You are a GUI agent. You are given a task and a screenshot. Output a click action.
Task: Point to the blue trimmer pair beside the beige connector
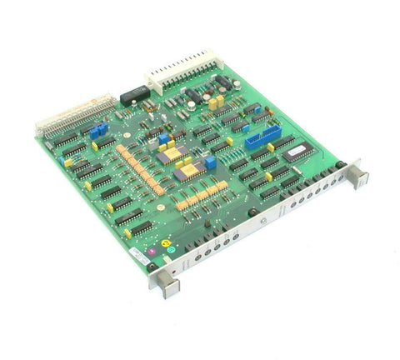click(x=100, y=130)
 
